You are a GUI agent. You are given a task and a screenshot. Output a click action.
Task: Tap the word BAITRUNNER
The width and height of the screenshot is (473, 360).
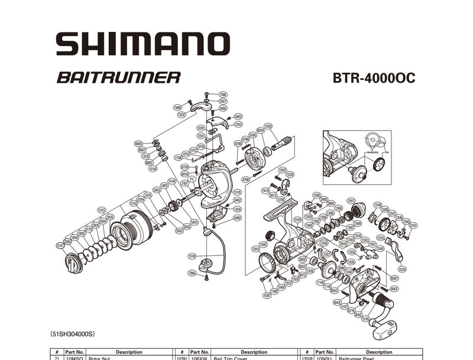pyautogui.click(x=118, y=77)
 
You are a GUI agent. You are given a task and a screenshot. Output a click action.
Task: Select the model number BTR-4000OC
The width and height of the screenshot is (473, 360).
pyautogui.click(x=369, y=78)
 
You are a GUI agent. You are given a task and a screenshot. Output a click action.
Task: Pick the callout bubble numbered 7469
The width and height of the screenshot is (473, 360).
pyautogui.click(x=177, y=108)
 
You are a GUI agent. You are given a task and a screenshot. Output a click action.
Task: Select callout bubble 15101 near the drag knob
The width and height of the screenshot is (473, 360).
pyautogui.click(x=60, y=245)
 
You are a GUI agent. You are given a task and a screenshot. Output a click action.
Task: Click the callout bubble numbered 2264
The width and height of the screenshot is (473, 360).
pyautogui.click(x=67, y=241)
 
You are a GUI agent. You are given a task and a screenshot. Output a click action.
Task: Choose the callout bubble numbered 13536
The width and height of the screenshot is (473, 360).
pyautogui.click(x=268, y=126)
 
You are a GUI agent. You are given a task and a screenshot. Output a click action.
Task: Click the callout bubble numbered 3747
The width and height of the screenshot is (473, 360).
pyautogui.click(x=413, y=225)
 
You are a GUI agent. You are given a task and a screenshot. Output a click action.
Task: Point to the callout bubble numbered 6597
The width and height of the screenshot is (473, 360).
pyautogui.click(x=394, y=277)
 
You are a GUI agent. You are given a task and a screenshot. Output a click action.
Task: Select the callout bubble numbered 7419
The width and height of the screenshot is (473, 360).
pyautogui.click(x=265, y=191)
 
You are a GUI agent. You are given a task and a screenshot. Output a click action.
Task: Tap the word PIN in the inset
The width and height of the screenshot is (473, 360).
pyautogui.click(x=387, y=153)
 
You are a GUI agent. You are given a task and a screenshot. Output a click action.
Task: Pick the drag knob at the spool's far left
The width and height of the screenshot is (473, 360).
pyautogui.click(x=72, y=262)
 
